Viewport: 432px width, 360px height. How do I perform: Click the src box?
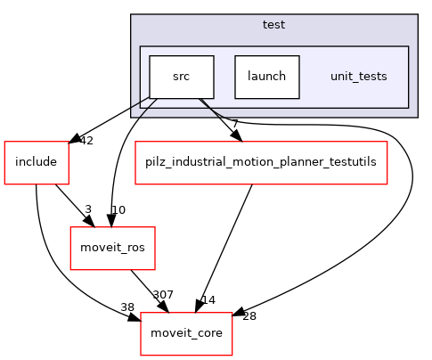point(181,77)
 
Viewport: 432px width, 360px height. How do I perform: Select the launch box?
point(266,77)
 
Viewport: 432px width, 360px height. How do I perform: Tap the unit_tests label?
point(358,77)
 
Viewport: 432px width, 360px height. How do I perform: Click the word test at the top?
point(273,25)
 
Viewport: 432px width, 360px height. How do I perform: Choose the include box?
point(37,162)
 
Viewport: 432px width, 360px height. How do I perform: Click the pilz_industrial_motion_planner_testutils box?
point(261,162)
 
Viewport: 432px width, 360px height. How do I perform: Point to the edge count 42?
point(87,140)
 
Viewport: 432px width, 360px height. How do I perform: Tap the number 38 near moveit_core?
point(127,307)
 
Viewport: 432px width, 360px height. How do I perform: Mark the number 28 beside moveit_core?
point(249,316)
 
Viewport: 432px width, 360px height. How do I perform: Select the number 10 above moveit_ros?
point(117,209)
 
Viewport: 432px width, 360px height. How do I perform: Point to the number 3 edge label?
point(89,209)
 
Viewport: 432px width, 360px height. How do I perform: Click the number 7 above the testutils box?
point(234,124)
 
